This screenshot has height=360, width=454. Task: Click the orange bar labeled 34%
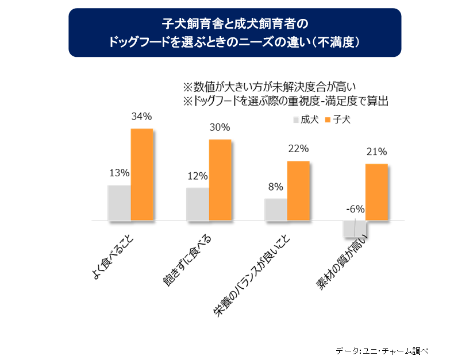click(x=142, y=174)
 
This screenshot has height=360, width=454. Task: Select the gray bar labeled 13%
click(x=120, y=202)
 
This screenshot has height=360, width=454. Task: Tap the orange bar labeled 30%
click(x=220, y=179)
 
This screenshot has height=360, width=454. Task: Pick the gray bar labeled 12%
click(x=198, y=203)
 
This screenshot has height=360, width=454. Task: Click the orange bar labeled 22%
click(x=298, y=190)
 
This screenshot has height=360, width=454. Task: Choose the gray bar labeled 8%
click(x=276, y=209)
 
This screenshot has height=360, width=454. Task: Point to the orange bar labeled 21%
click(x=377, y=192)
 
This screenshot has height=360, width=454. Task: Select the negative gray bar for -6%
click(x=354, y=229)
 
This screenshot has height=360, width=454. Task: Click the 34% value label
click(x=141, y=117)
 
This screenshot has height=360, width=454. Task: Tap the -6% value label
click(x=355, y=210)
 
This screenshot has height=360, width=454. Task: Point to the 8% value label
click(x=276, y=187)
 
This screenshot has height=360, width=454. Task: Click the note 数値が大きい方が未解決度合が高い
click(x=271, y=87)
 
